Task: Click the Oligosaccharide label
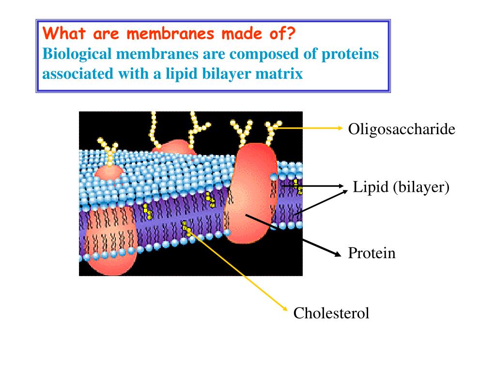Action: coord(402,130)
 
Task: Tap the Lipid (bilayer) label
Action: coord(401,187)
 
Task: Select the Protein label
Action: coord(372,253)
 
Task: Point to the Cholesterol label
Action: coord(331,313)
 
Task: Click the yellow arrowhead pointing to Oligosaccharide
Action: coord(340,128)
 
